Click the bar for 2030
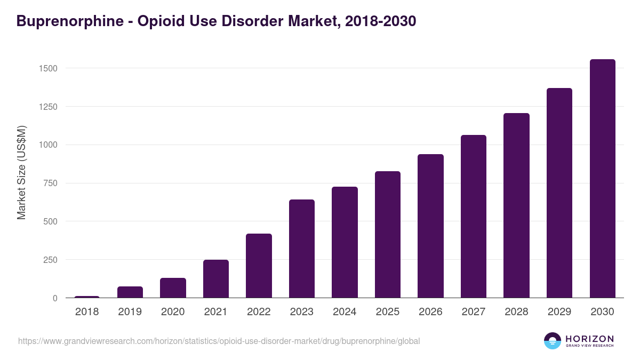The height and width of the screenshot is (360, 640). coord(602,179)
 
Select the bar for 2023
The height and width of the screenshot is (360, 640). coord(302,249)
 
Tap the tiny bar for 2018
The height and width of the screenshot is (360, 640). coord(87,297)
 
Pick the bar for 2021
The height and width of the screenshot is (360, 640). coord(216,279)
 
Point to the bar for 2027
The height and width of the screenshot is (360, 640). coord(474,217)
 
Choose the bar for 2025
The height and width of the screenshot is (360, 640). coord(388,235)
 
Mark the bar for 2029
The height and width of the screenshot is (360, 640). coord(559,193)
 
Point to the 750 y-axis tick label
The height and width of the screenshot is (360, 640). coord(50,183)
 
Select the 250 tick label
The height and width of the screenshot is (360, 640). coord(50,260)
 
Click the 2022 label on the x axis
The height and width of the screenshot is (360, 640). coord(259,312)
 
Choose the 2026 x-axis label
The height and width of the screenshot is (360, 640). coord(430,312)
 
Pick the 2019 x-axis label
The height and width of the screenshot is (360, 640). coord(130,312)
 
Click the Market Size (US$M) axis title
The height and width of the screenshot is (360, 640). coord(21,172)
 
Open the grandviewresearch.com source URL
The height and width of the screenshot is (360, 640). coord(219,341)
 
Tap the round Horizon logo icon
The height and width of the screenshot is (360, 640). coord(553,341)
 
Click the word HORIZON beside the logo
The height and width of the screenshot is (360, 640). coord(589,339)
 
